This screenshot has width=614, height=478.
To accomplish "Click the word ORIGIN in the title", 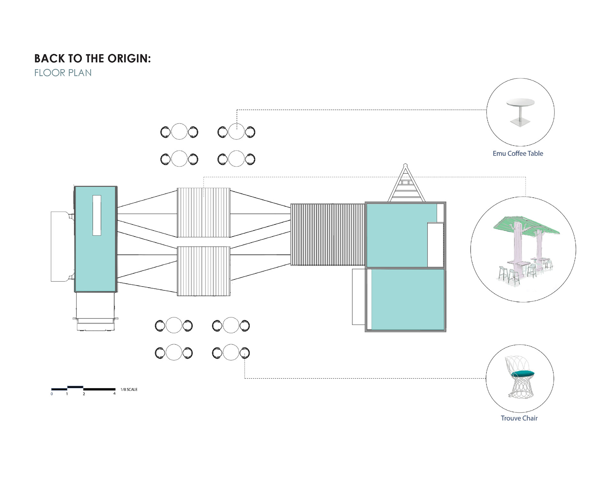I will (129, 59).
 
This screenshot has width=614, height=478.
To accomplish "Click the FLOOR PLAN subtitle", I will (63, 73).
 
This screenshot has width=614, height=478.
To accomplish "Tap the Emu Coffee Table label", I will (518, 153).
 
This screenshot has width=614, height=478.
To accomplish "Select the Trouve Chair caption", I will (519, 418).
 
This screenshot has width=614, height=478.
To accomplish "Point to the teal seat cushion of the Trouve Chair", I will (523, 373).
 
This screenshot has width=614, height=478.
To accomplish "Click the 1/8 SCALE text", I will (129, 389).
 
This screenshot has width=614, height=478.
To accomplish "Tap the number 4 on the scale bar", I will (114, 393).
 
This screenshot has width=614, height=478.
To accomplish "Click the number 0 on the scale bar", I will (52, 394).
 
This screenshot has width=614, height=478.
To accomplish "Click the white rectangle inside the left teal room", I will (97, 215).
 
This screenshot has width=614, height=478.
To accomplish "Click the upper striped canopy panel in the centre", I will (203, 212).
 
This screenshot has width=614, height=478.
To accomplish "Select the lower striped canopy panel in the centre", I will (203, 271).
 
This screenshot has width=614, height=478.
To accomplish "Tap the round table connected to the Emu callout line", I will (236, 132).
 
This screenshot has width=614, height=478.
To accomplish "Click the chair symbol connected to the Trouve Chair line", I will (245, 353).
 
